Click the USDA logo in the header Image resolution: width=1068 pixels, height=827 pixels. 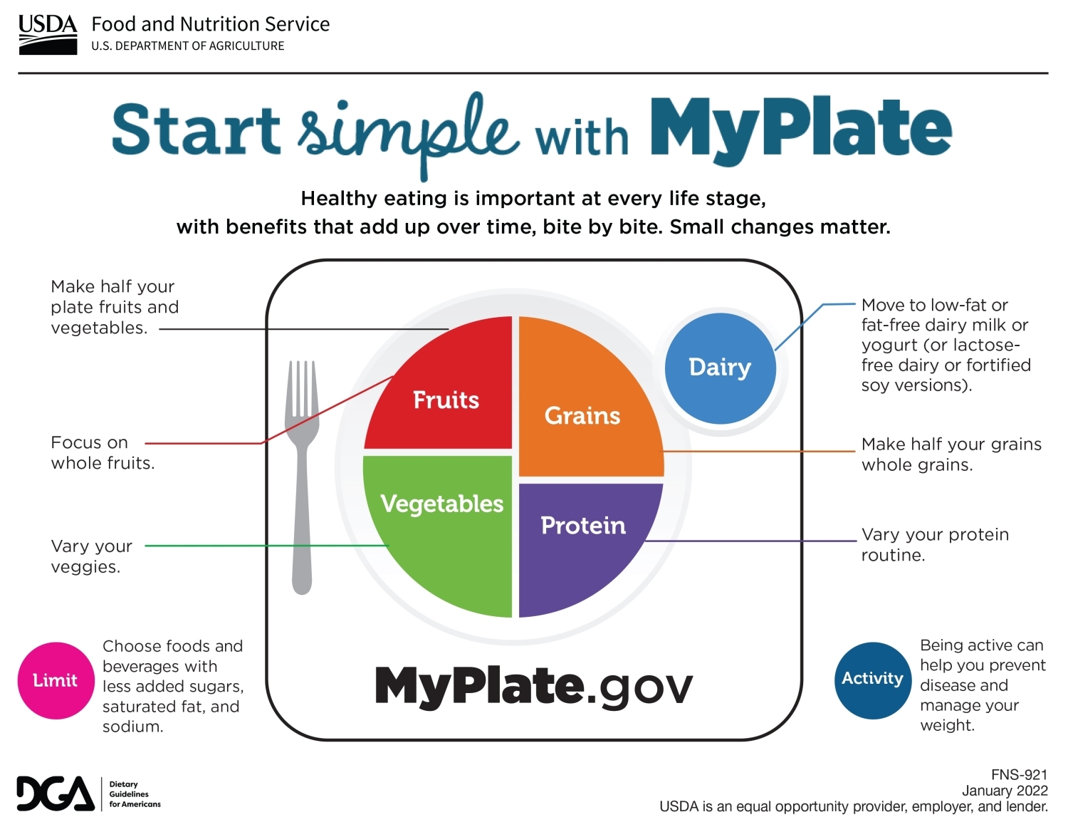(48, 34)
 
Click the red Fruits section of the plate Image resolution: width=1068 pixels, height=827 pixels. (438, 383)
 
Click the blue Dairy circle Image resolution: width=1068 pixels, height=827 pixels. (720, 368)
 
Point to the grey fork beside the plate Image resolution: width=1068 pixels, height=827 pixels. (302, 477)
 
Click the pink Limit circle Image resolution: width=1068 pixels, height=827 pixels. (56, 680)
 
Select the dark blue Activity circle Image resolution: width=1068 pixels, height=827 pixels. (873, 680)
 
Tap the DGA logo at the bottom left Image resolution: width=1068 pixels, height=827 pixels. (89, 794)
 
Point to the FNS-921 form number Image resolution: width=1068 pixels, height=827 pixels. (1020, 775)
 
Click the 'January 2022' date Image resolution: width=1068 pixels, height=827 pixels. (1005, 791)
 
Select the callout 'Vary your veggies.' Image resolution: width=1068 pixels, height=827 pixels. (92, 556)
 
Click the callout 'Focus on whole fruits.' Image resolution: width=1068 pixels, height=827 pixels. (103, 452)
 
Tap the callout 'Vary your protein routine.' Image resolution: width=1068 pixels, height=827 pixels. (935, 544)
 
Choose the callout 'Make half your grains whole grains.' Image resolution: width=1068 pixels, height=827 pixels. (951, 454)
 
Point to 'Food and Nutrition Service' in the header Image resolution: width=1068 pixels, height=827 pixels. (210, 24)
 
